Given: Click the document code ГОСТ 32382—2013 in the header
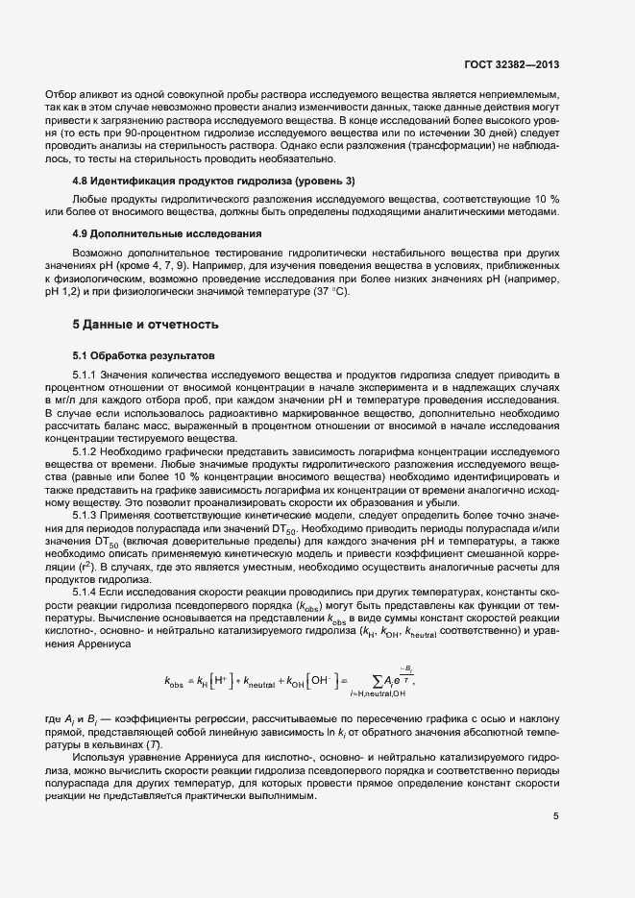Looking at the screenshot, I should (512, 64).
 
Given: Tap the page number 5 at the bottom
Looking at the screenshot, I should (556, 817).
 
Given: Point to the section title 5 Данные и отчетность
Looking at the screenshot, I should (146, 324).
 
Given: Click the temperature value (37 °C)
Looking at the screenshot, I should (329, 292).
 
